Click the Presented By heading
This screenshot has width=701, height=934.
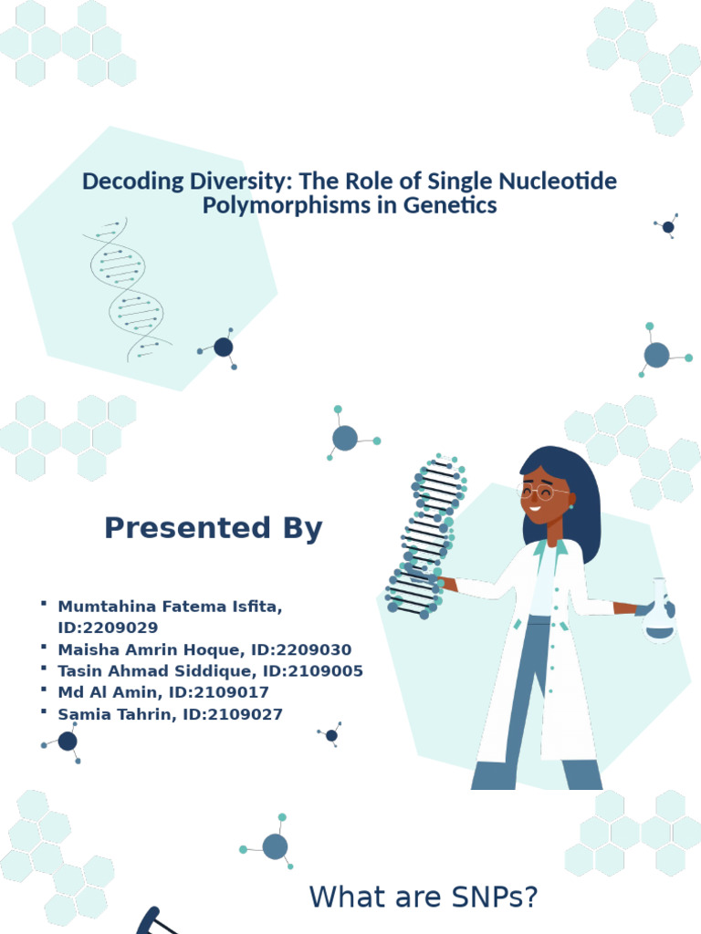tap(213, 528)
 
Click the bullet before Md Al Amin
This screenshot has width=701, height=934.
tap(43, 691)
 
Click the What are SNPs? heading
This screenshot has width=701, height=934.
tap(424, 898)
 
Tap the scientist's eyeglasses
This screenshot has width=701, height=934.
tap(543, 493)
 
